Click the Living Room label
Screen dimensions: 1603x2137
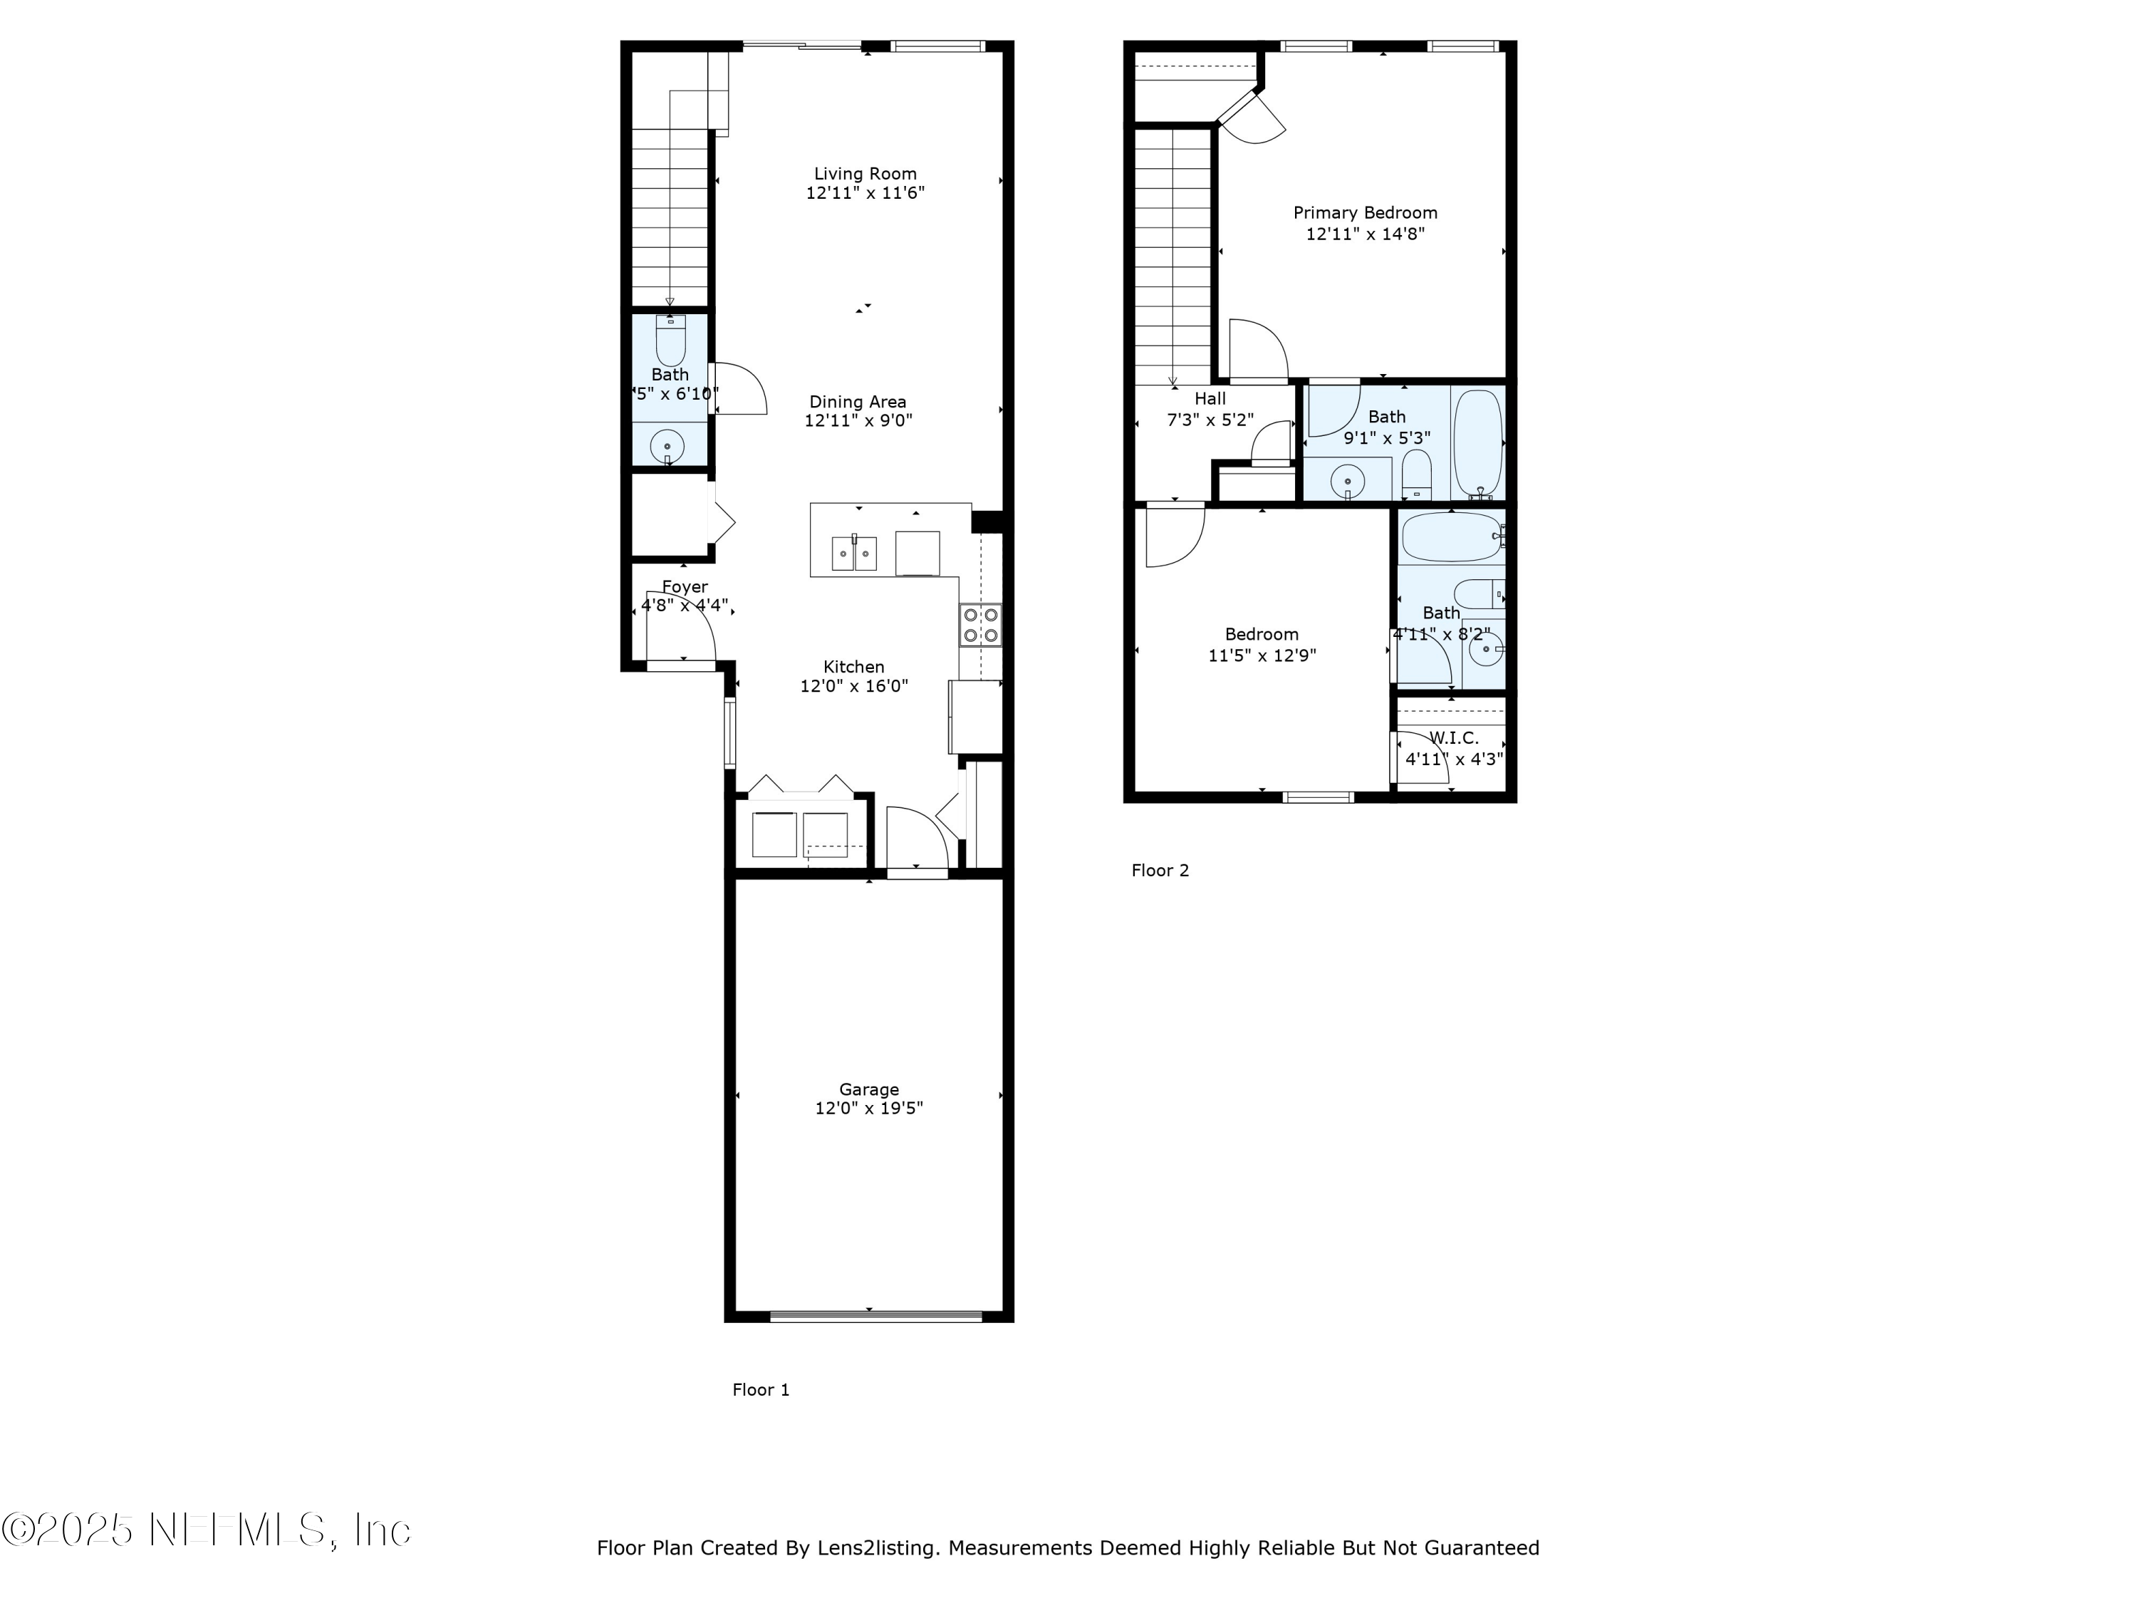(x=865, y=174)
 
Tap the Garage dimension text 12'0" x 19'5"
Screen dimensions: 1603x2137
(x=868, y=1109)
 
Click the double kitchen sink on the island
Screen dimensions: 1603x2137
(x=854, y=554)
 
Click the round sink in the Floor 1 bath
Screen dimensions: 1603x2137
(x=667, y=447)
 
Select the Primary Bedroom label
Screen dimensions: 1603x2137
(x=1364, y=212)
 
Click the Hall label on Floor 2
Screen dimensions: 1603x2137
(x=1210, y=398)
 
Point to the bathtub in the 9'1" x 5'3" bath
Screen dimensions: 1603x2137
(x=1478, y=442)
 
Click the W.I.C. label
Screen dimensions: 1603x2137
(x=1453, y=738)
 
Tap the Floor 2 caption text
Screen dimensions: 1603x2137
(x=1159, y=871)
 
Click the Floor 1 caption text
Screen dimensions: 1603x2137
(x=760, y=1389)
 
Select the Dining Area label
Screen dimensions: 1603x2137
(x=857, y=402)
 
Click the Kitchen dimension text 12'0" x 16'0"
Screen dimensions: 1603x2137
(x=853, y=686)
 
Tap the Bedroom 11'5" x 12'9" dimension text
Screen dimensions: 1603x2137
(x=1262, y=655)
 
